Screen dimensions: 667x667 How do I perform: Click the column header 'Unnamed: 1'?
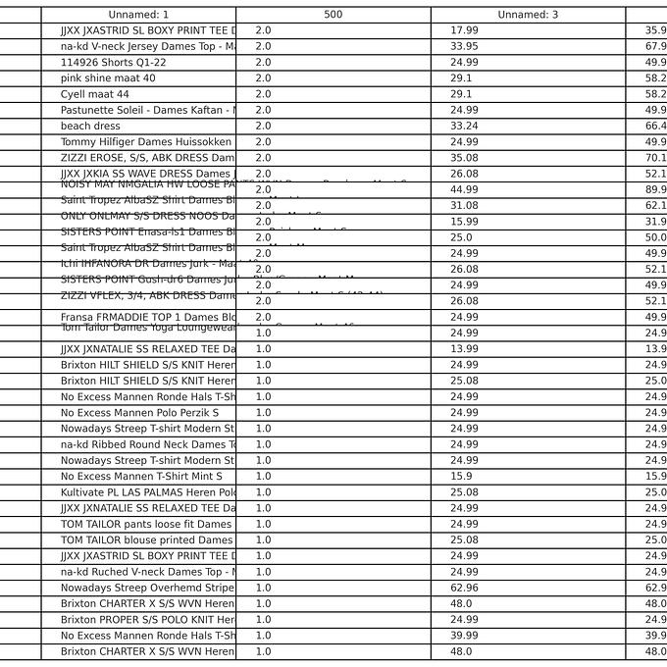[x=138, y=15]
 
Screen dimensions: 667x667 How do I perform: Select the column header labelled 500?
[x=333, y=15]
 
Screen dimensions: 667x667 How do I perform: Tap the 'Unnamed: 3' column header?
[x=528, y=15]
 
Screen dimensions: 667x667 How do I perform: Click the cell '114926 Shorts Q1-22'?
[x=113, y=62]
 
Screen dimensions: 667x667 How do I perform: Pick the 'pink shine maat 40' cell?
[x=108, y=77]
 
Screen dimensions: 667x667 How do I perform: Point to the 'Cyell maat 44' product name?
[x=94, y=94]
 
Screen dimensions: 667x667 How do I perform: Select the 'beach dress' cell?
[x=90, y=126]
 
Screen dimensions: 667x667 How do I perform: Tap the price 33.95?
[x=464, y=46]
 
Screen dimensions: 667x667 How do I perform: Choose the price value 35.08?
[x=464, y=157]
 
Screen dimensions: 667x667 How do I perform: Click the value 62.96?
[x=464, y=588]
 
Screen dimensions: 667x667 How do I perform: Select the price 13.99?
[x=464, y=349]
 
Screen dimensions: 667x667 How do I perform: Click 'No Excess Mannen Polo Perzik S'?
[x=139, y=413]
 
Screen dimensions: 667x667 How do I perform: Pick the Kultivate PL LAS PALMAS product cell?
[x=147, y=491]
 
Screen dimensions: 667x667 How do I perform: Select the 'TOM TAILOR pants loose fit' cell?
[x=146, y=524]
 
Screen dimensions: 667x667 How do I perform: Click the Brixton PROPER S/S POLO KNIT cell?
[x=147, y=619]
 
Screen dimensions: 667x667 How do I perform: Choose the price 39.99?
[x=464, y=636]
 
